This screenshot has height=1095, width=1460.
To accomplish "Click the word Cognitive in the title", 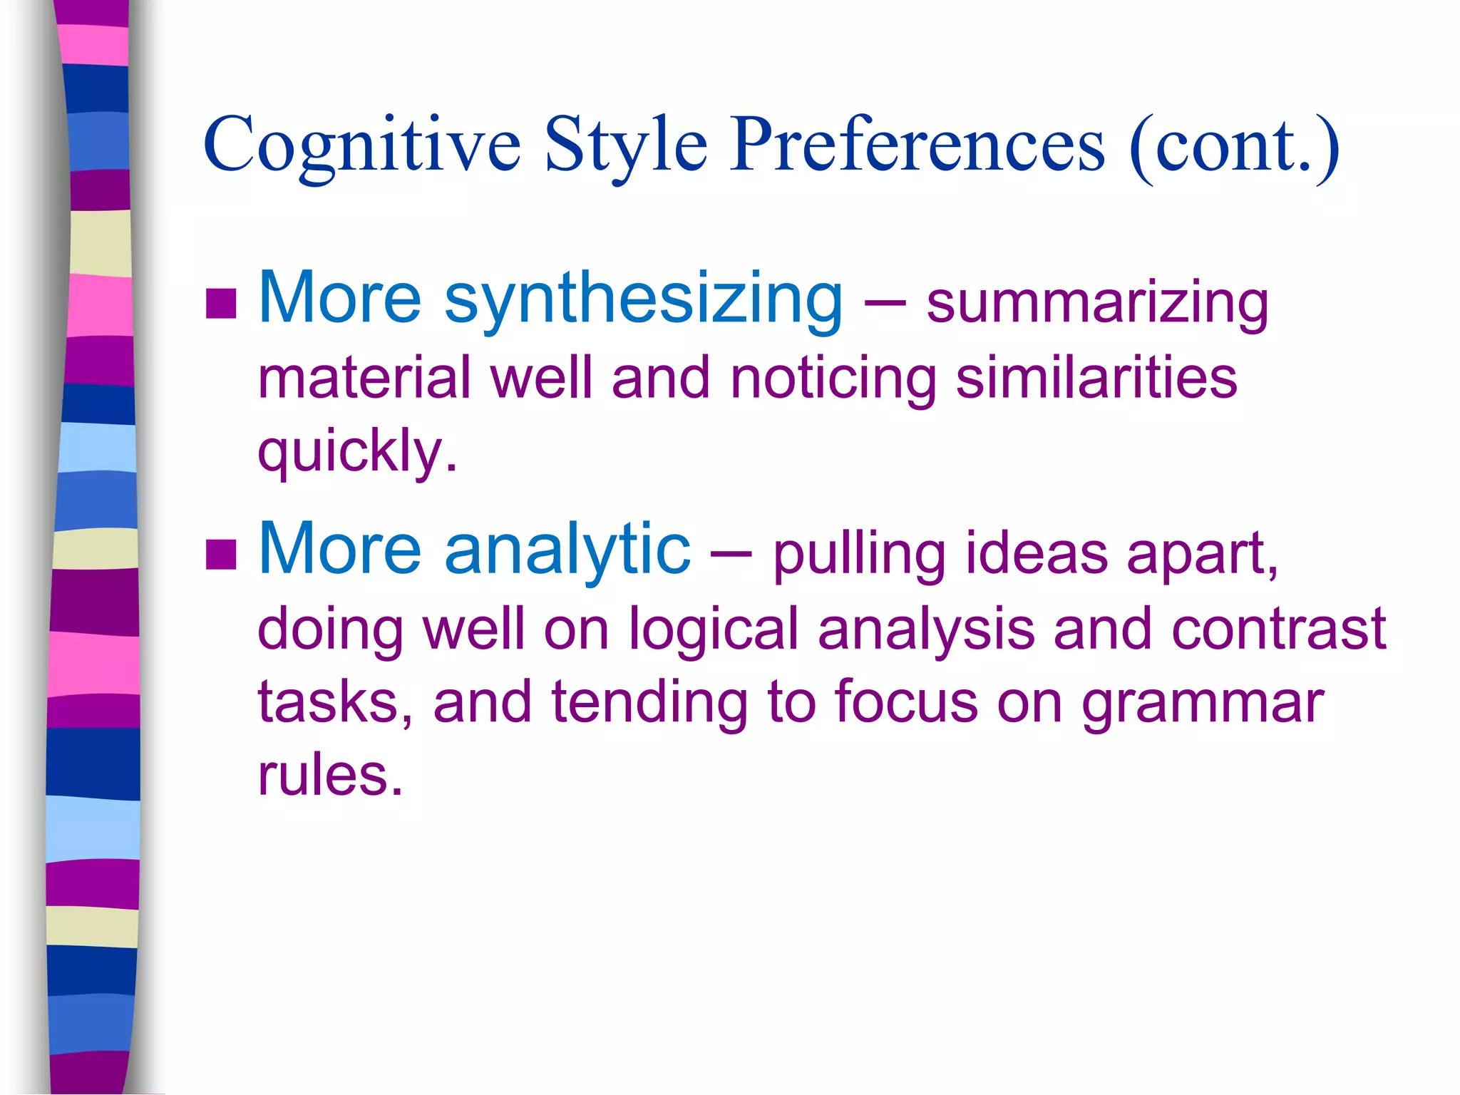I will (362, 145).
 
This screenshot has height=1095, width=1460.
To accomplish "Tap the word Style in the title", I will (626, 145).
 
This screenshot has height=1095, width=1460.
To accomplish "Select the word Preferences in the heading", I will (917, 145).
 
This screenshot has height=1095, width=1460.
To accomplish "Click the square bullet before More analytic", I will (221, 554).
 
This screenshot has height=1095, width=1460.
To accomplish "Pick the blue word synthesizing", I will (643, 299).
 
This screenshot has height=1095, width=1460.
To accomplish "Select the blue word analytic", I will (567, 549).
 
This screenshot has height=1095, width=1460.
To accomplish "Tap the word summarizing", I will (1097, 304).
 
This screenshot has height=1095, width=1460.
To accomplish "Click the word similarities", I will (1096, 378).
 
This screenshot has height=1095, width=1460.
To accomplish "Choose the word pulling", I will (859, 555).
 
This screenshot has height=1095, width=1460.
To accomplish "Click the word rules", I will (330, 775).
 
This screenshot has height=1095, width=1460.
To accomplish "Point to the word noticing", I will (833, 378).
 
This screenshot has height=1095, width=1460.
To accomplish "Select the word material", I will (364, 378).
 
